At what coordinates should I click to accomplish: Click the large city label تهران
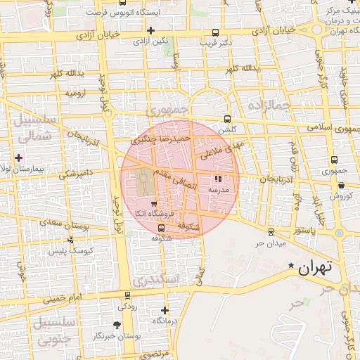pyautogui.click(x=314, y=268)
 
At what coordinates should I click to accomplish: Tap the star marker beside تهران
pyautogui.click(x=291, y=265)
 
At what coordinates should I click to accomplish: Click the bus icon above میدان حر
pyautogui.click(x=271, y=231)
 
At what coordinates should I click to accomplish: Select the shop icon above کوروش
pyautogui.click(x=341, y=186)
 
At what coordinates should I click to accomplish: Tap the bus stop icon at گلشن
pyautogui.click(x=226, y=119)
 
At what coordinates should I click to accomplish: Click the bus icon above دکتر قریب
pyautogui.click(x=214, y=32)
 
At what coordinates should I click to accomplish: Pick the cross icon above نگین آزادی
pyautogui.click(x=150, y=30)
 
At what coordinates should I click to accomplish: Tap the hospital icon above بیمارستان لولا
pyautogui.click(x=19, y=157)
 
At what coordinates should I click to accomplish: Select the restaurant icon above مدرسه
pyautogui.click(x=217, y=179)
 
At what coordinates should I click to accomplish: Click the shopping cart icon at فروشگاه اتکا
pyautogui.click(x=154, y=204)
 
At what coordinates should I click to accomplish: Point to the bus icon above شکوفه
pyautogui.click(x=162, y=228)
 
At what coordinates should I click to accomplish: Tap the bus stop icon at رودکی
pyautogui.click(x=127, y=295)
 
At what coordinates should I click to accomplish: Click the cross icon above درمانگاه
pyautogui.click(x=165, y=310)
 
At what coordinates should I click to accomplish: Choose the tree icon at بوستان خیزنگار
pyautogui.click(x=117, y=325)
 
